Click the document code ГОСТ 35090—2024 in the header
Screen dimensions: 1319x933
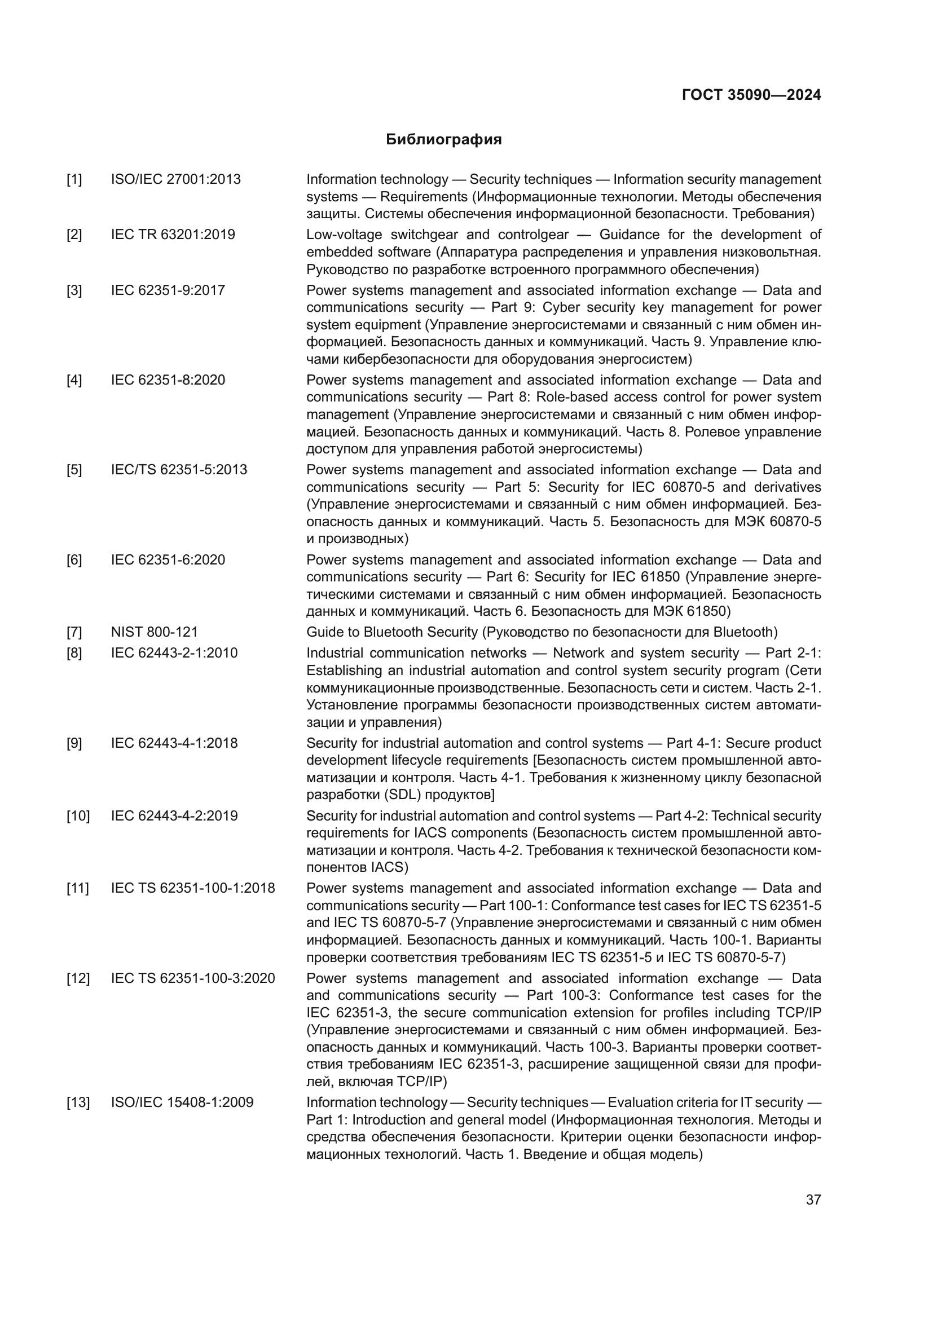tap(751, 95)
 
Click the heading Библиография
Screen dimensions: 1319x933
tap(443, 140)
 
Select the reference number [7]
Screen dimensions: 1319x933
tap(74, 632)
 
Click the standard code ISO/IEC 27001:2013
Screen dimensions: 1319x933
tap(176, 179)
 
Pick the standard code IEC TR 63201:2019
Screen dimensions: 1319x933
tap(173, 235)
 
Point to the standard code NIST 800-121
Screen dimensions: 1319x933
tap(154, 632)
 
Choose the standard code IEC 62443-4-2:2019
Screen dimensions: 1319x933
tap(174, 816)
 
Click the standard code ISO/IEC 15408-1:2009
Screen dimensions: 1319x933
tap(182, 1102)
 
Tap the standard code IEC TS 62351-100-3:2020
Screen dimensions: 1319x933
tap(193, 978)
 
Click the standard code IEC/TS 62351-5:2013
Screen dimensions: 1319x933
tap(179, 469)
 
